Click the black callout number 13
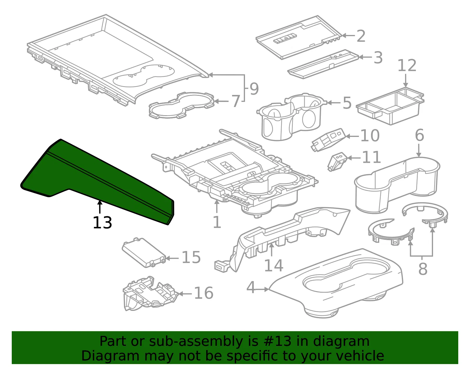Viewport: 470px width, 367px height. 103,222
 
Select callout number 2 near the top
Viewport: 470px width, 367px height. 361,36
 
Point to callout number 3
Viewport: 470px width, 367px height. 378,58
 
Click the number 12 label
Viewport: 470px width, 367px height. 407,65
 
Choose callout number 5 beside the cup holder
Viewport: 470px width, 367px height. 347,103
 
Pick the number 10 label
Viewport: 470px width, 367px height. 370,135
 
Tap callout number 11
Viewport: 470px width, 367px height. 371,157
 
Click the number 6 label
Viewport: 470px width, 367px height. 419,135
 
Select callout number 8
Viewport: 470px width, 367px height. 423,269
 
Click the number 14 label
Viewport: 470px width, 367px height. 273,265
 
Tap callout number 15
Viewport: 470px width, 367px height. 191,257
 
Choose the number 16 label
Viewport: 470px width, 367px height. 204,293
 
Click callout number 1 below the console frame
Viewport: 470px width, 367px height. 217,222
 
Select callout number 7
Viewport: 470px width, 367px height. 236,101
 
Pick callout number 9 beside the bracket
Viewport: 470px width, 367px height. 254,89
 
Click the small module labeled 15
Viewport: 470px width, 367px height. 144,253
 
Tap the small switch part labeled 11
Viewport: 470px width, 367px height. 338,162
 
